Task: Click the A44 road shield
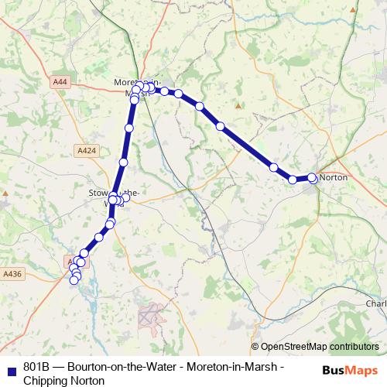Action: click(x=61, y=80)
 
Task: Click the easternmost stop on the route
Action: click(x=312, y=177)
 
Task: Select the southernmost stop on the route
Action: click(x=74, y=280)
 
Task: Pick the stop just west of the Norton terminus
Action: click(x=293, y=180)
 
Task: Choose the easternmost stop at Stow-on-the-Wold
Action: click(x=126, y=197)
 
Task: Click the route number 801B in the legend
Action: click(x=36, y=368)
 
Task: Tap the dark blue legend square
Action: click(x=10, y=368)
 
